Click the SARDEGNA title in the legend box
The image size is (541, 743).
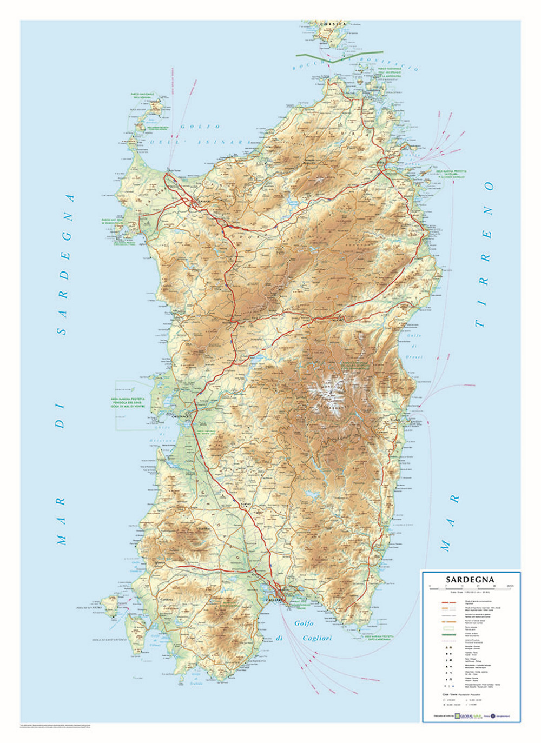click(470, 579)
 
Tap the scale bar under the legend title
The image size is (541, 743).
click(470, 587)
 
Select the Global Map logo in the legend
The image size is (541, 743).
click(467, 717)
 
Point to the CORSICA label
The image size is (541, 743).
click(332, 25)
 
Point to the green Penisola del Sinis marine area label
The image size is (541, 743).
click(133, 403)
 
